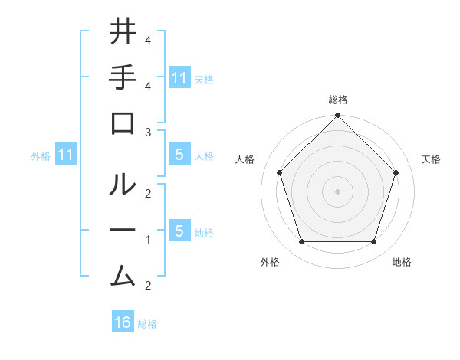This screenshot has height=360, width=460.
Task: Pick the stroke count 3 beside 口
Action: click(147, 133)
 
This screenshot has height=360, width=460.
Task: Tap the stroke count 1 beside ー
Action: click(147, 240)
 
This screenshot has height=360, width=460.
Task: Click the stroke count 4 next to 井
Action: click(147, 40)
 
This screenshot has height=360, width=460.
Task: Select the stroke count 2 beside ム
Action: click(147, 286)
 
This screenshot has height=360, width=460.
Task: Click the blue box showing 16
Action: click(123, 322)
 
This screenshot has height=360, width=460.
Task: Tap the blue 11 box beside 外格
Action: click(66, 155)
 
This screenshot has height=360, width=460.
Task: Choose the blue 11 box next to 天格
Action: click(179, 77)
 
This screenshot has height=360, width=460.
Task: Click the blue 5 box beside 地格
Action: click(179, 231)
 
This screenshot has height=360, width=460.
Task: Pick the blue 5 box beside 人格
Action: click(179, 155)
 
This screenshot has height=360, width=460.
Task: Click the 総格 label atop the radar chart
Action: click(337, 100)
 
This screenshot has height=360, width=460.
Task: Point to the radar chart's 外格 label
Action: click(270, 262)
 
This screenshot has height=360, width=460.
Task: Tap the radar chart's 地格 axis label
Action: click(402, 262)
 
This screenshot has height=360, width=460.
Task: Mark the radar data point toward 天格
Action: click(396, 172)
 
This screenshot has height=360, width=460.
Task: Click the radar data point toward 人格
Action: click(280, 172)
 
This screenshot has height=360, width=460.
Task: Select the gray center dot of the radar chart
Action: click(337, 191)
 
